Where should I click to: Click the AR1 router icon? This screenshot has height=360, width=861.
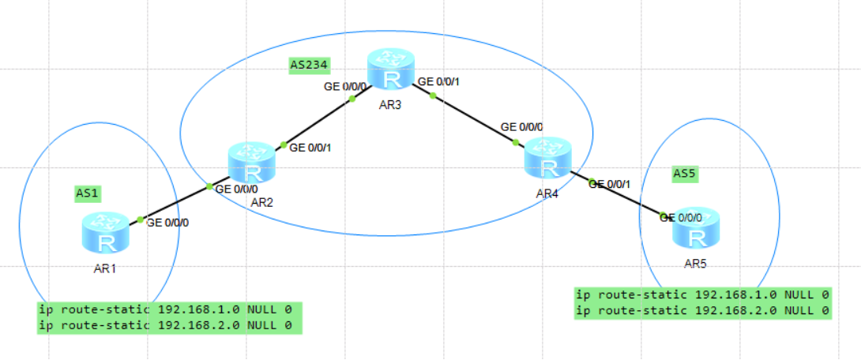[104, 233]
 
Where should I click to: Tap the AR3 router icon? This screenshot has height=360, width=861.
[390, 69]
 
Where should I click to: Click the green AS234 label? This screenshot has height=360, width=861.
[309, 65]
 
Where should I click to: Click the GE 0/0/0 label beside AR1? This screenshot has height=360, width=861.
[167, 223]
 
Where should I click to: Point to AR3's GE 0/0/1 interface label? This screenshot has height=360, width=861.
[438, 81]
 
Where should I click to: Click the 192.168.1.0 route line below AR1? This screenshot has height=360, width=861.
[169, 309]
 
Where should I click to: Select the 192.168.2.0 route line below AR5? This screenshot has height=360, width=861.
[702, 311]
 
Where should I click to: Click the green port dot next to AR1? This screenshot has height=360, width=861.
[139, 219]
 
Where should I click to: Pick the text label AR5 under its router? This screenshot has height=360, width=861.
[696, 263]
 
